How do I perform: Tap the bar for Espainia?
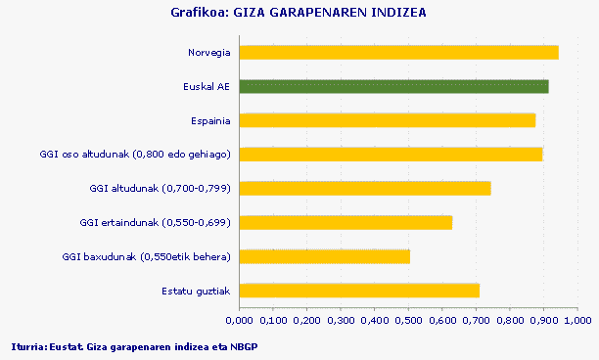pyautogui.click(x=387, y=120)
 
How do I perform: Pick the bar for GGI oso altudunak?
pyautogui.click(x=391, y=155)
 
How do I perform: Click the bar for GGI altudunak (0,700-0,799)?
pyautogui.click(x=365, y=188)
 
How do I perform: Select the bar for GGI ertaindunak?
pyautogui.click(x=346, y=222)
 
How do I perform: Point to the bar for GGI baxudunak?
pyautogui.click(x=324, y=256)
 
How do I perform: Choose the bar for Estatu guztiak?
pyautogui.click(x=359, y=291)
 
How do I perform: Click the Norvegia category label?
pyautogui.click(x=208, y=52)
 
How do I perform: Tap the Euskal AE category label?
pyautogui.click(x=207, y=86)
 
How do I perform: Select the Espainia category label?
pyautogui.click(x=210, y=120)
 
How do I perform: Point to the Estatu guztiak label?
pyautogui.click(x=196, y=291)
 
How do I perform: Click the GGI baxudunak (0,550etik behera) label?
pyautogui.click(x=146, y=256)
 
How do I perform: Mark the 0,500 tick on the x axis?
pyautogui.click(x=408, y=319)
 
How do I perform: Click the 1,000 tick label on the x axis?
pyautogui.click(x=577, y=319)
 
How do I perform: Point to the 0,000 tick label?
pyautogui.click(x=240, y=319)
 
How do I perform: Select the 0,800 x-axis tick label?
pyautogui.click(x=510, y=319)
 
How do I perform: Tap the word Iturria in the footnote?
pyautogui.click(x=26, y=346)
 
